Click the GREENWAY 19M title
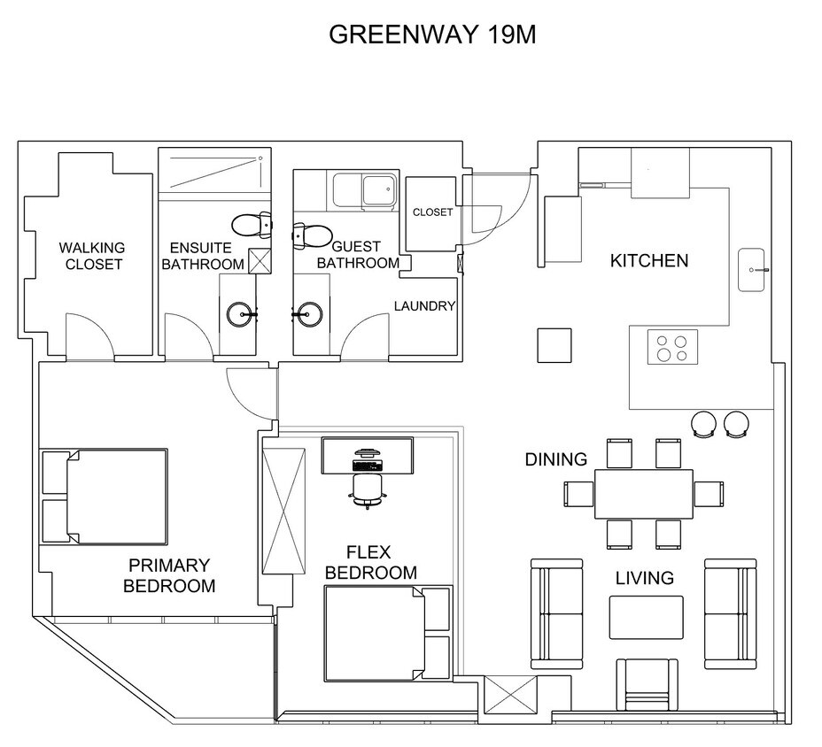tap(432, 35)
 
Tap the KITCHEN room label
tap(649, 260)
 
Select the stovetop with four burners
tap(672, 347)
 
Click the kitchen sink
tap(752, 270)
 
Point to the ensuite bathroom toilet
tap(252, 225)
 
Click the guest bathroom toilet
tap(313, 235)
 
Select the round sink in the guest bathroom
tap(307, 314)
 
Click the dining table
tap(644, 494)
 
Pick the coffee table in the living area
tap(646, 617)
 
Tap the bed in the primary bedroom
tap(105, 496)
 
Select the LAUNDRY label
tap(424, 306)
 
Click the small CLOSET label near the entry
tap(432, 212)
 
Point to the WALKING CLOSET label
tap(92, 256)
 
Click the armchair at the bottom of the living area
tap(647, 684)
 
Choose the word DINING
tap(556, 459)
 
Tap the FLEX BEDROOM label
tap(370, 562)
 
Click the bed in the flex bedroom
tap(387, 633)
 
